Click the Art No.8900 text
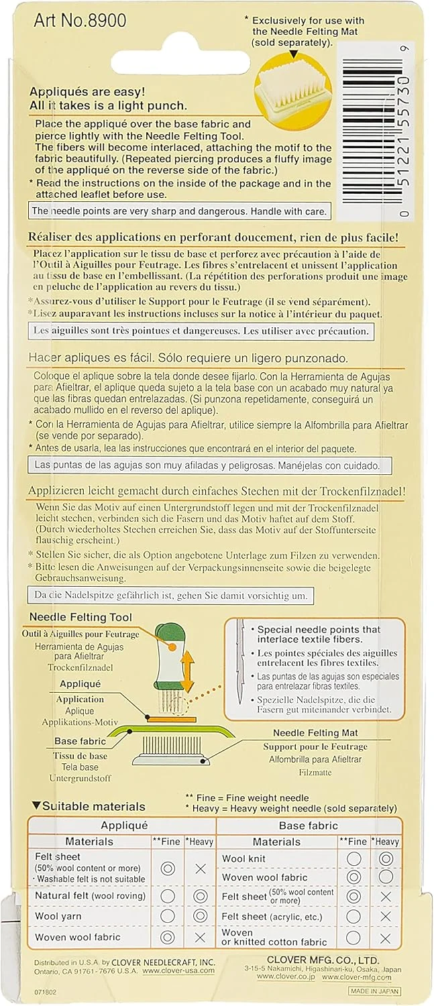(80, 20)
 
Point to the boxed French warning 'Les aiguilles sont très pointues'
(201, 331)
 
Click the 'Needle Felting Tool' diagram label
(80, 618)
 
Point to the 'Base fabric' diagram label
(80, 742)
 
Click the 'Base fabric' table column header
(309, 826)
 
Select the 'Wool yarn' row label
(58, 916)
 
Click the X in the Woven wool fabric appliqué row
(199, 938)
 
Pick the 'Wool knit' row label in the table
(243, 859)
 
